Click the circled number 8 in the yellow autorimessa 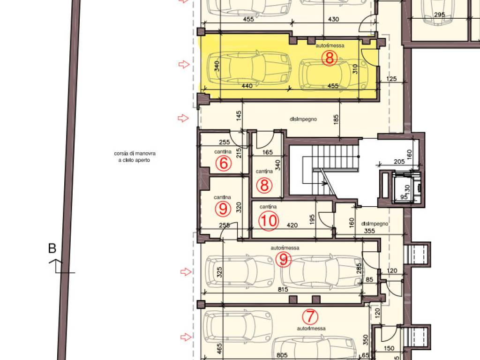tap(330, 58)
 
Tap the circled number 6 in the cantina tap(224, 163)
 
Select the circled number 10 tap(269, 221)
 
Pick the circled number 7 tap(310, 316)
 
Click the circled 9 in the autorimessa tap(284, 259)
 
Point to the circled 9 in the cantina tap(223, 209)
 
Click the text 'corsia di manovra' tap(135, 153)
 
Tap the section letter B tap(52, 248)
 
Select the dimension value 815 tap(283, 289)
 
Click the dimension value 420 tap(292, 225)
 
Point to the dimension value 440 tap(247, 86)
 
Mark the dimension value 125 tap(391, 79)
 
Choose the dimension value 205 tap(399, 162)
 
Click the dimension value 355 tap(369, 231)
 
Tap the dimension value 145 tap(239, 116)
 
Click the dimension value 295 tap(439, 15)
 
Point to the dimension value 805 tap(282, 355)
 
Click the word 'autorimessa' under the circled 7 tap(311, 329)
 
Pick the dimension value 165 tap(268, 152)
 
